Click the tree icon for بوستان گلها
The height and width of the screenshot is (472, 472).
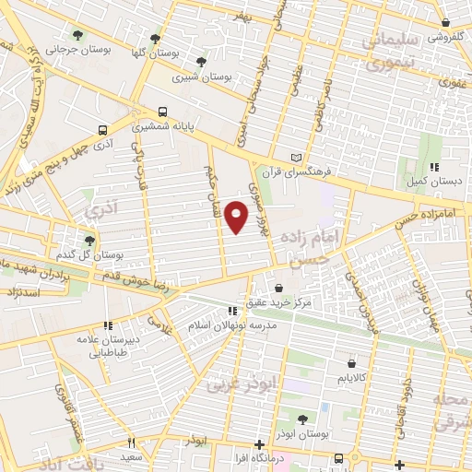(155, 39)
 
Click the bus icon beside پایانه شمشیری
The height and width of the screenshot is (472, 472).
(162, 107)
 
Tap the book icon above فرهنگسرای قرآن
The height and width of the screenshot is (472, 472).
(296, 156)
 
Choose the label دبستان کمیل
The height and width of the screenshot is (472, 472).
(432, 182)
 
